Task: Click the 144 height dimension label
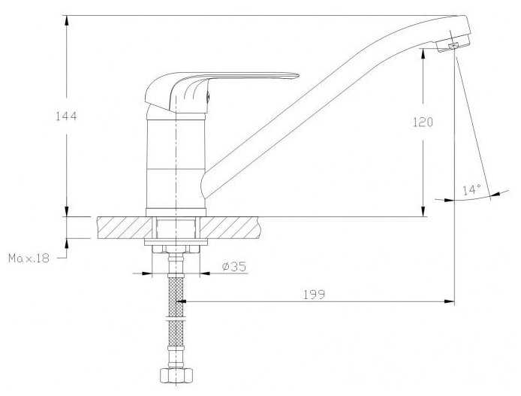click(x=66, y=116)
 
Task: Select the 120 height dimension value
click(x=423, y=122)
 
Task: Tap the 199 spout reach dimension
click(x=314, y=295)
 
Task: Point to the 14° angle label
click(x=471, y=190)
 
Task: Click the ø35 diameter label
click(x=234, y=266)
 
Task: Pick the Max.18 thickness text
click(x=29, y=258)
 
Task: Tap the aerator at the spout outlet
click(x=453, y=44)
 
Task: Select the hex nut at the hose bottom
click(x=176, y=376)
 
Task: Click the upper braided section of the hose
click(x=176, y=298)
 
